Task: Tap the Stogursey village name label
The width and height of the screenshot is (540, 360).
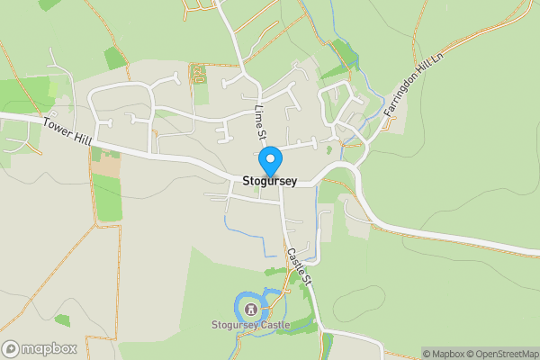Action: click(x=270, y=181)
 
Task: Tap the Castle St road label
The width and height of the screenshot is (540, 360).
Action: click(x=300, y=267)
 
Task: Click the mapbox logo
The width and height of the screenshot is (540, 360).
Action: click(x=40, y=348)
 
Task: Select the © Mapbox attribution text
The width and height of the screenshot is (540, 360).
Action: click(x=448, y=354)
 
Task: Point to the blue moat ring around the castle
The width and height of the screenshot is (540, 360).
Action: click(x=238, y=307)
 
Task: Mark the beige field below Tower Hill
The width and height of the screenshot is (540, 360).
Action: click(x=106, y=166)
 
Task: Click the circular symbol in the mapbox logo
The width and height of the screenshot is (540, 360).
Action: click(x=11, y=348)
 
